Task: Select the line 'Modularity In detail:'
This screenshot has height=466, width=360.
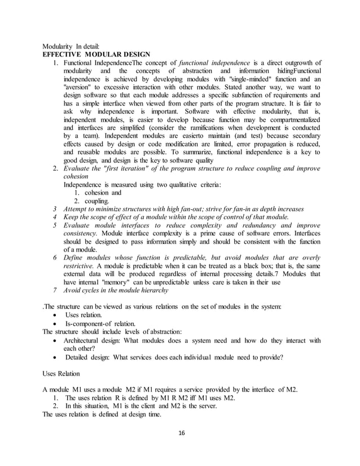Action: tap(72, 46)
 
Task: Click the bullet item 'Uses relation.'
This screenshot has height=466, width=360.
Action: tap(84, 314)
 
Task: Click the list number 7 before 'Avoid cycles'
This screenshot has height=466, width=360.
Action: tap(54, 290)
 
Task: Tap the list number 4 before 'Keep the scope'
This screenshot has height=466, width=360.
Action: tap(54, 217)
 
